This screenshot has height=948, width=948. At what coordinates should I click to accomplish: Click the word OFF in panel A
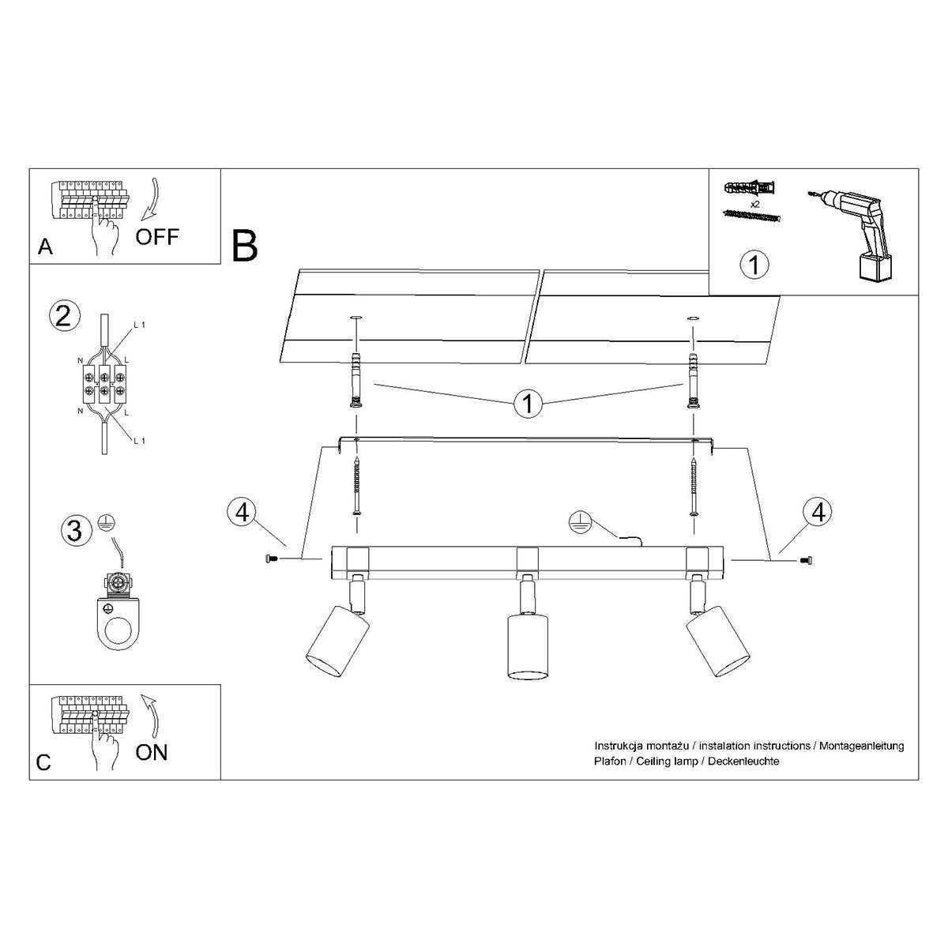click(157, 235)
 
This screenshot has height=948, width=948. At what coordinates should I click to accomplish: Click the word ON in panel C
click(152, 751)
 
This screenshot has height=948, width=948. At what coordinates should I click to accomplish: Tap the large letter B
click(245, 246)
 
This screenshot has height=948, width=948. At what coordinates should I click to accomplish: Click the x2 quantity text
click(755, 204)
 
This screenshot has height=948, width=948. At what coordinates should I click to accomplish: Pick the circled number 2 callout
click(64, 315)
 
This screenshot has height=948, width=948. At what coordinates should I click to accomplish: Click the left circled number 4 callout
click(243, 511)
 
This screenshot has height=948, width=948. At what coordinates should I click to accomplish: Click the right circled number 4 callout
click(818, 511)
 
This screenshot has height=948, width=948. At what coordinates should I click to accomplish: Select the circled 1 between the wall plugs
click(527, 404)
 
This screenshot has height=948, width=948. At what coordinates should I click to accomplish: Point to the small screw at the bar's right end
click(806, 559)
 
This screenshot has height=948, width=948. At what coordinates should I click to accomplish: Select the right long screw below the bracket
click(694, 486)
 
